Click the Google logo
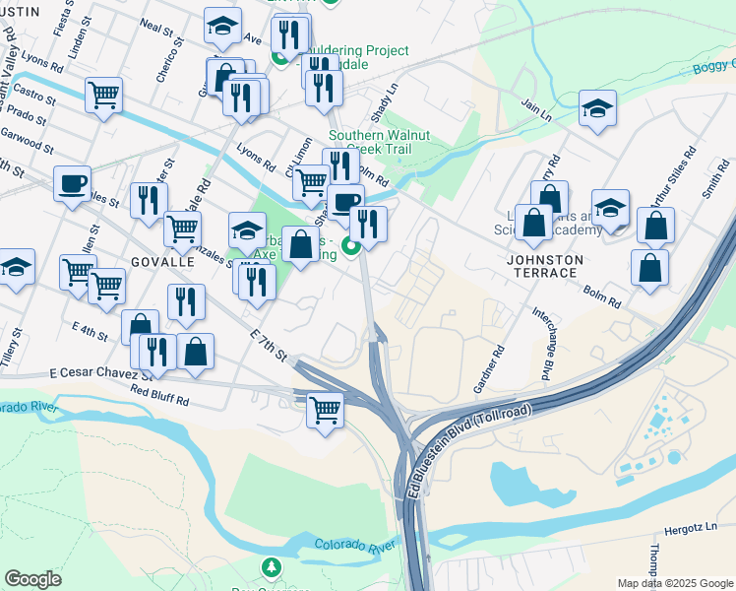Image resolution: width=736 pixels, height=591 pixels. pyautogui.click(x=32, y=578)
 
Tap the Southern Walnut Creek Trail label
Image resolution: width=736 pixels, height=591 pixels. pyautogui.click(x=369, y=142)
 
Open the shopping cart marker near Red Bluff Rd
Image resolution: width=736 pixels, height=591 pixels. pyautogui.click(x=325, y=409)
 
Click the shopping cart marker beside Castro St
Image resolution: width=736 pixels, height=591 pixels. pyautogui.click(x=103, y=96)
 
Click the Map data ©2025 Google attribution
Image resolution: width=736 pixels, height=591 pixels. pyautogui.click(x=674, y=583)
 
